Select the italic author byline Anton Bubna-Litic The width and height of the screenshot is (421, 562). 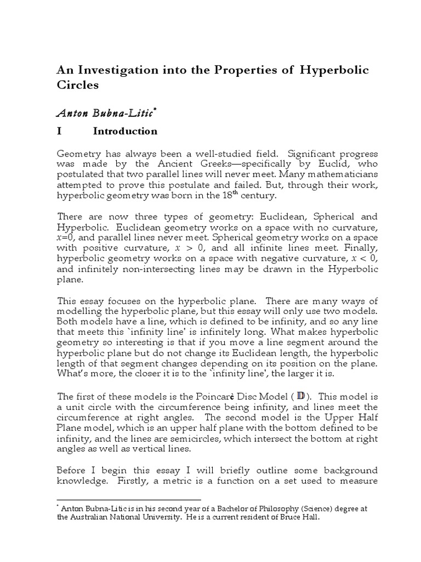106,113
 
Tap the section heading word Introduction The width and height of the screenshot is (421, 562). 125,131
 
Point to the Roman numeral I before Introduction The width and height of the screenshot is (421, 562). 59,131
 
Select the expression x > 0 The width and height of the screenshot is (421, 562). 226,249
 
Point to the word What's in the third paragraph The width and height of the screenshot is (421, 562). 73,373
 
